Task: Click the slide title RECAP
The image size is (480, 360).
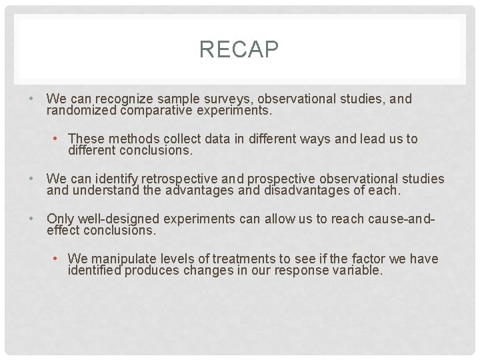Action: point(239,49)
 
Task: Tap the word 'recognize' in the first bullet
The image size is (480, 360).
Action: point(124,99)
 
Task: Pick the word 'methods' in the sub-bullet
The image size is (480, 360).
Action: point(140,139)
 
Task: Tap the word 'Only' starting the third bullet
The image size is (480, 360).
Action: point(60,219)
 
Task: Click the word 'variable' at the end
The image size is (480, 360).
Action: point(357,271)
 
